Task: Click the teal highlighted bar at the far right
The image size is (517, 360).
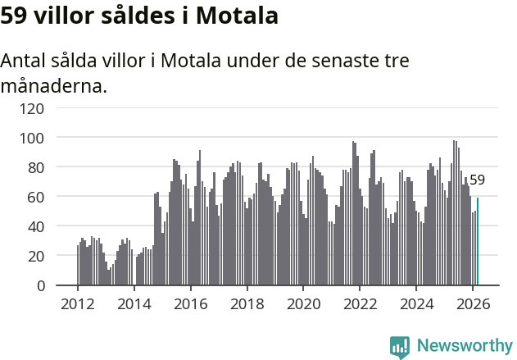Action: (478, 242)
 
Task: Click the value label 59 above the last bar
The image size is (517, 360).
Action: (477, 180)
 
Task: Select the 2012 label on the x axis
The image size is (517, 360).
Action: (78, 303)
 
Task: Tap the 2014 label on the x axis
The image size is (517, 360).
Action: (134, 303)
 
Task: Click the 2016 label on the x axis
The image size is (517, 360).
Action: (191, 303)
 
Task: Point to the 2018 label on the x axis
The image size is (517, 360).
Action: (247, 303)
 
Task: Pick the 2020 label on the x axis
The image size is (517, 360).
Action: (303, 303)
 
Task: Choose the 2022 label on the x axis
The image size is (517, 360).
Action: (360, 303)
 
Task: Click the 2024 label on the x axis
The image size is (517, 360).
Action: (416, 303)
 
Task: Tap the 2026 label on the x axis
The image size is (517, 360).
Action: (473, 303)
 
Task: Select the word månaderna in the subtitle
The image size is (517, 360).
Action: (53, 85)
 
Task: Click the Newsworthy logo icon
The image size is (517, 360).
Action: (400, 347)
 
